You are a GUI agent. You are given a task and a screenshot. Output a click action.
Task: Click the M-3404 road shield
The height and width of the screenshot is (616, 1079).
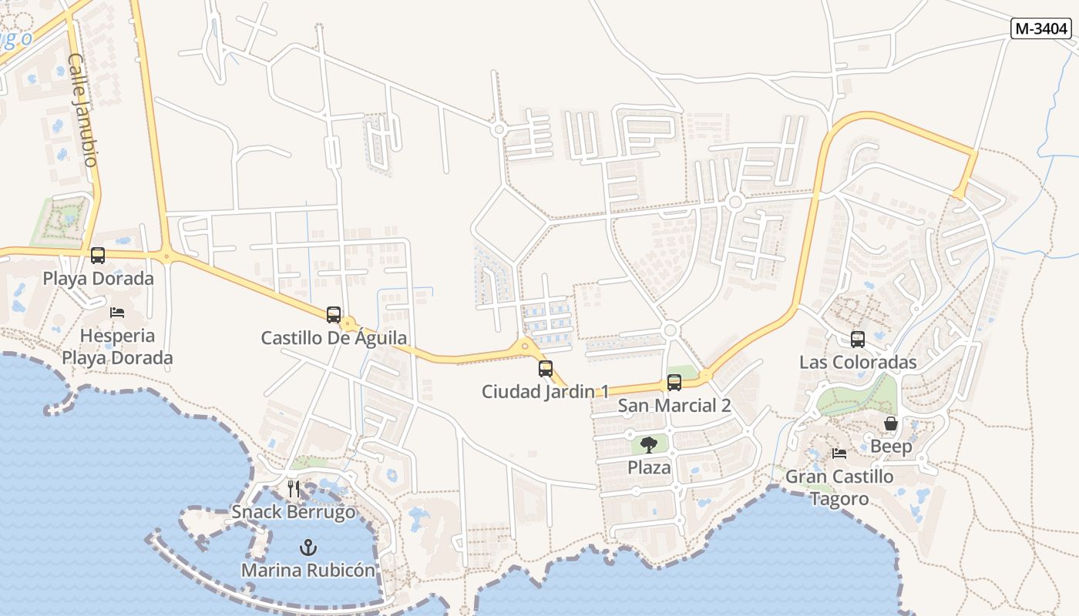tap(1041, 28)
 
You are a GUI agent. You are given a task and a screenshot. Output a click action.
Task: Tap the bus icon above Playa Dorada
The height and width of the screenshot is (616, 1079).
tap(98, 256)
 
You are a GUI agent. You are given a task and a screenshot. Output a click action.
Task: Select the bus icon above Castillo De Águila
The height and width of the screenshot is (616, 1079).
tap(334, 314)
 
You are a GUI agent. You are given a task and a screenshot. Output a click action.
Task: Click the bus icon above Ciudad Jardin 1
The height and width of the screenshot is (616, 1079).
tap(546, 368)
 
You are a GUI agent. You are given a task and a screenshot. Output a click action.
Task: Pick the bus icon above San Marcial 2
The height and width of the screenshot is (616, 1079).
tap(674, 383)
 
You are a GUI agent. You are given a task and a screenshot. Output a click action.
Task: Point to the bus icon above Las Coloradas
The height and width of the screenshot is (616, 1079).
tap(858, 340)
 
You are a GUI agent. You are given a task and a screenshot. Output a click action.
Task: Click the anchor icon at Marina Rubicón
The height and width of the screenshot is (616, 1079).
tap(308, 547)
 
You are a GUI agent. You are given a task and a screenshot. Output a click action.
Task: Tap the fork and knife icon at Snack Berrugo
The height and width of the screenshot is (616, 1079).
tap(294, 489)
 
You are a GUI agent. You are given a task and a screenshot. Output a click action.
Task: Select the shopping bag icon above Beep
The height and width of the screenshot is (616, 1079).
tap(891, 423)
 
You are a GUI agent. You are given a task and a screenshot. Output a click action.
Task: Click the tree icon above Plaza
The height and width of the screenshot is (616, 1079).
tap(649, 444)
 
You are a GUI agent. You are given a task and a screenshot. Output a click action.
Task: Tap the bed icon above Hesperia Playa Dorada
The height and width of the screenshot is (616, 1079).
tap(117, 313)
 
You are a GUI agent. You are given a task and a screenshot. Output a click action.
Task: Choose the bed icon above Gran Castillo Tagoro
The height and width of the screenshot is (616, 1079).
tap(839, 454)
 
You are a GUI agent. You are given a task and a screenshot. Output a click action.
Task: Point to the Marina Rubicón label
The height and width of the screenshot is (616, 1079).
tap(308, 571)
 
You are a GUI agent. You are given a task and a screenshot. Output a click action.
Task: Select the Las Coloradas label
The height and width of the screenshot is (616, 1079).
tap(858, 363)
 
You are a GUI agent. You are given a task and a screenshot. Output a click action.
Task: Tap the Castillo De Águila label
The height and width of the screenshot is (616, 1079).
tap(334, 338)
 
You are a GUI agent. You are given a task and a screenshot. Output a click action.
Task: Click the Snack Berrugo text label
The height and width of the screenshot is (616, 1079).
tap(294, 512)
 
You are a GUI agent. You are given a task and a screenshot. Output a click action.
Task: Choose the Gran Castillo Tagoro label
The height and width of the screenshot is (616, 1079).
tap(839, 487)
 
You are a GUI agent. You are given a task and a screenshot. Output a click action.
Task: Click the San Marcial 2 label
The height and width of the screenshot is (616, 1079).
tap(674, 406)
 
